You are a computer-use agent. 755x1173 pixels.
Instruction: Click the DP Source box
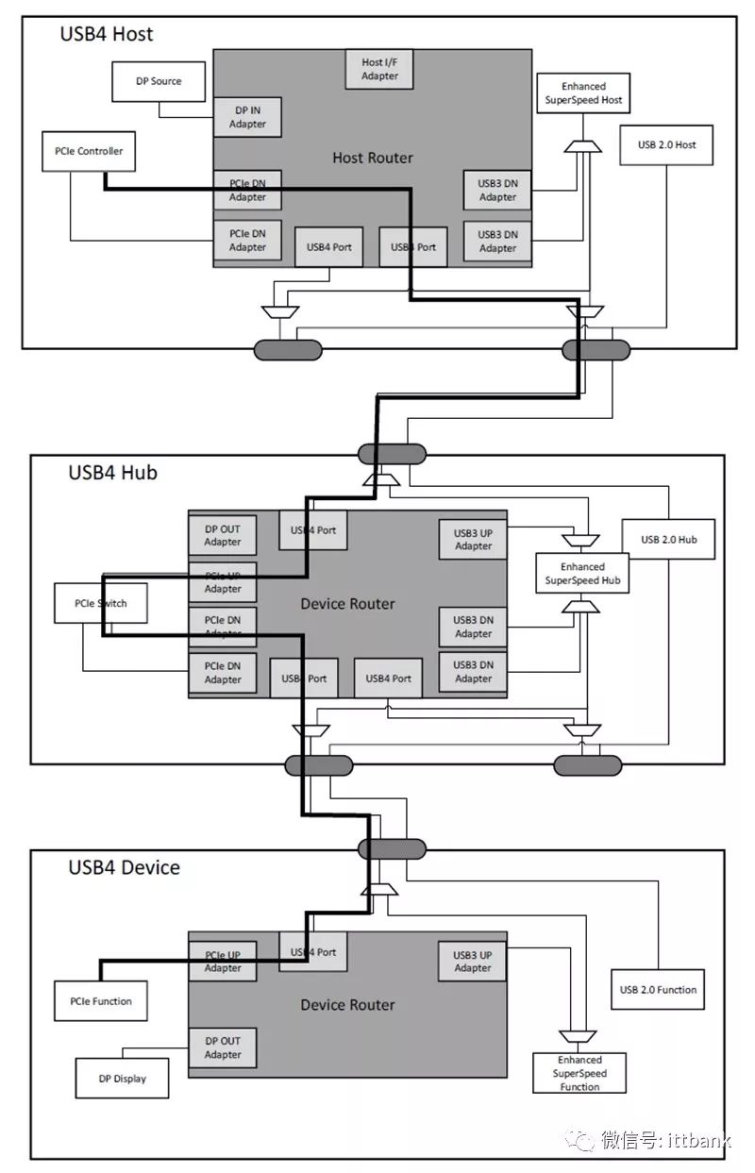[x=159, y=81]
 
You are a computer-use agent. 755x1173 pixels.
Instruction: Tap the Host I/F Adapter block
[x=380, y=69]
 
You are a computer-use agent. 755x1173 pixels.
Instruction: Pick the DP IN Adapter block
[x=247, y=117]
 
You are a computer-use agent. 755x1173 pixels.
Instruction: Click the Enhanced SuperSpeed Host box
[x=583, y=93]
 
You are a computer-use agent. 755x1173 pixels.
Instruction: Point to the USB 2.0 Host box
[x=667, y=144]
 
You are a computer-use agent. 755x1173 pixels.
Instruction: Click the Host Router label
[x=373, y=158]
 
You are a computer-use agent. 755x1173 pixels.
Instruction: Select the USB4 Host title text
[x=106, y=35]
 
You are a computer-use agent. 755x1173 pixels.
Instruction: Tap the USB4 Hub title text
[x=112, y=472]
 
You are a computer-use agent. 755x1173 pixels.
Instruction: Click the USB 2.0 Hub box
[x=668, y=540]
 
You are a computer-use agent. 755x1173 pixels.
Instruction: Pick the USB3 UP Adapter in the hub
[x=473, y=539]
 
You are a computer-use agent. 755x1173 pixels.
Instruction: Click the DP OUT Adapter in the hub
[x=223, y=535]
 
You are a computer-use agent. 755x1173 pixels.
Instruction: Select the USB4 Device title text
[x=124, y=866]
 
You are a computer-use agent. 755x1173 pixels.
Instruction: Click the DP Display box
[x=123, y=1078]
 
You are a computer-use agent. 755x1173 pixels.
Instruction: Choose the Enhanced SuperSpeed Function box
[x=579, y=1073]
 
